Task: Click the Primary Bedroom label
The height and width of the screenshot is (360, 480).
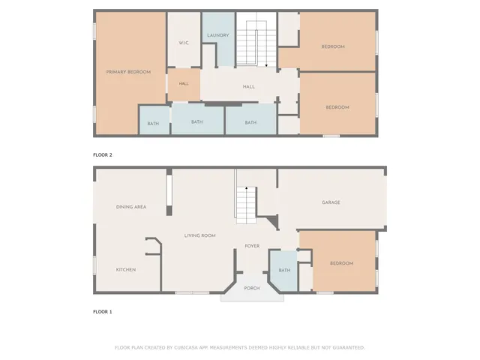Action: [x=128, y=72]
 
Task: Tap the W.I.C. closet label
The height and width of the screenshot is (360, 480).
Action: [x=183, y=43]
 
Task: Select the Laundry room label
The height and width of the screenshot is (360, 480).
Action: [x=218, y=35]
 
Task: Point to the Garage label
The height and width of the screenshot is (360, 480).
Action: [x=331, y=202]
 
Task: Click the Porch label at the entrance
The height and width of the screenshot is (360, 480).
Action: [x=252, y=288]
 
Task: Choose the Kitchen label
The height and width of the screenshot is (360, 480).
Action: [x=125, y=269]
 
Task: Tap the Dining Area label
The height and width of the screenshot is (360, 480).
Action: [x=130, y=207]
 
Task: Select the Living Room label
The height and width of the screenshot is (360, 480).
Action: [x=200, y=235]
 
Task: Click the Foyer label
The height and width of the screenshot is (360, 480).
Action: [x=252, y=246]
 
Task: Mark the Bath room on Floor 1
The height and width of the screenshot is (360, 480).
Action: [x=284, y=271]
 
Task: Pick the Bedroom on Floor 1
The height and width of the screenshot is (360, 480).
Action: [x=342, y=263]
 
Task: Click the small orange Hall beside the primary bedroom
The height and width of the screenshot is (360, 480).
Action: [x=183, y=84]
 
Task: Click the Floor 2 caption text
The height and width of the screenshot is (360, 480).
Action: [x=103, y=154]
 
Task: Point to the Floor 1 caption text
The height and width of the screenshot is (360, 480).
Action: [x=103, y=311]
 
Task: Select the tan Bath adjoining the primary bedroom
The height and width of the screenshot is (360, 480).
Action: [x=153, y=123]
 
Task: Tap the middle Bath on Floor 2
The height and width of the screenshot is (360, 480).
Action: [x=197, y=122]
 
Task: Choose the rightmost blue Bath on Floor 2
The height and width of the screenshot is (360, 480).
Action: [x=250, y=123]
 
